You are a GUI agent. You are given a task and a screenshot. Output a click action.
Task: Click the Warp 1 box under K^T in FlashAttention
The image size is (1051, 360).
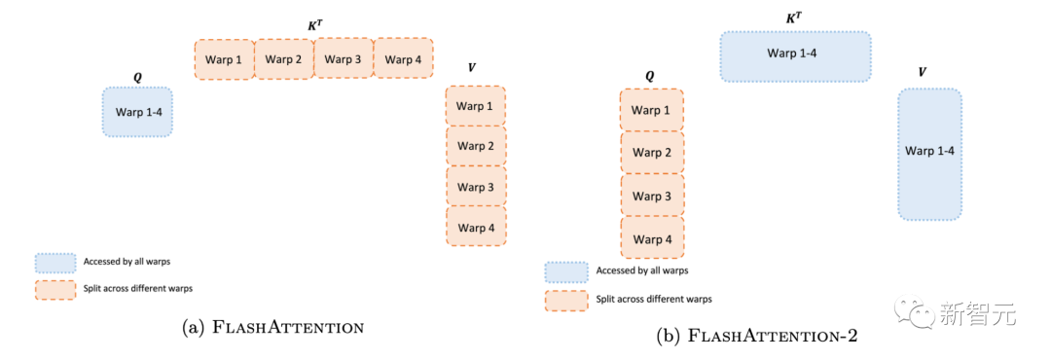(x=225, y=59)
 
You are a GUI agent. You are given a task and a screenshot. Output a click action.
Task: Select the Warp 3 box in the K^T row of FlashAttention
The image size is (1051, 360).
(x=344, y=59)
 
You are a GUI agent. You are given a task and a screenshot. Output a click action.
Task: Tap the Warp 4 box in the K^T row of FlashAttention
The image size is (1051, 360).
(x=404, y=59)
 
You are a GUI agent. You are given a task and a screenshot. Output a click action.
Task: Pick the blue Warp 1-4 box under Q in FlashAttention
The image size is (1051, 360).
(x=137, y=112)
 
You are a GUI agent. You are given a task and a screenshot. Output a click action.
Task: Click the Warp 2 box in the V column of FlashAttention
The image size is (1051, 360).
(x=476, y=146)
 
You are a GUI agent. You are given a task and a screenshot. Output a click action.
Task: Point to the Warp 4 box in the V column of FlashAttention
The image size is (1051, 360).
(x=476, y=227)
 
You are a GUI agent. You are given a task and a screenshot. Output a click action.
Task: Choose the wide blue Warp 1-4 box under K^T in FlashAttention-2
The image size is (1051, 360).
(x=796, y=56)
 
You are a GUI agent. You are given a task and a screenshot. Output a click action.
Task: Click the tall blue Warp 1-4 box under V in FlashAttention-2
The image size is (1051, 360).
(x=929, y=154)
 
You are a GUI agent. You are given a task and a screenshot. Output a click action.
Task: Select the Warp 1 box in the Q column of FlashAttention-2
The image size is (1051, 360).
(x=652, y=110)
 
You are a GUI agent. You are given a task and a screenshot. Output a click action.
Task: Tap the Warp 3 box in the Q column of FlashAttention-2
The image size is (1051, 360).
(x=652, y=196)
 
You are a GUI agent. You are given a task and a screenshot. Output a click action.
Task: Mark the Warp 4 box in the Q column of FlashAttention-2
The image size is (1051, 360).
(x=652, y=238)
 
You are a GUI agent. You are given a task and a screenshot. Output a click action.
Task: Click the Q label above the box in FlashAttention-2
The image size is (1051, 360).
(x=649, y=77)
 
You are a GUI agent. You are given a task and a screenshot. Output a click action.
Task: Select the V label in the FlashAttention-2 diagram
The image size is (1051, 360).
(x=923, y=72)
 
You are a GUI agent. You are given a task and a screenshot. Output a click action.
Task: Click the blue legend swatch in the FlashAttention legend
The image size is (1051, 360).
(x=55, y=263)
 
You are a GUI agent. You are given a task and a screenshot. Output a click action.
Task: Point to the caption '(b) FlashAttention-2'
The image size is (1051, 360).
(x=757, y=336)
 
